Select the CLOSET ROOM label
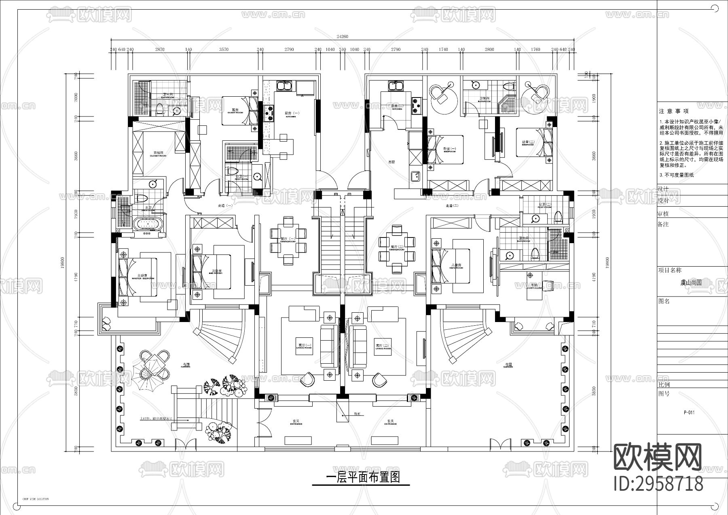pyautogui.click(x=158, y=154)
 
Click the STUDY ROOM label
pyautogui.click(x=535, y=286)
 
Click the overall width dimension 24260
pyautogui.click(x=342, y=36)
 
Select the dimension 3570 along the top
pyautogui.click(x=224, y=49)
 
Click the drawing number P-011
pyautogui.click(x=689, y=413)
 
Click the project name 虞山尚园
pyautogui.click(x=690, y=283)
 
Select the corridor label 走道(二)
pyautogui.click(x=452, y=206)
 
